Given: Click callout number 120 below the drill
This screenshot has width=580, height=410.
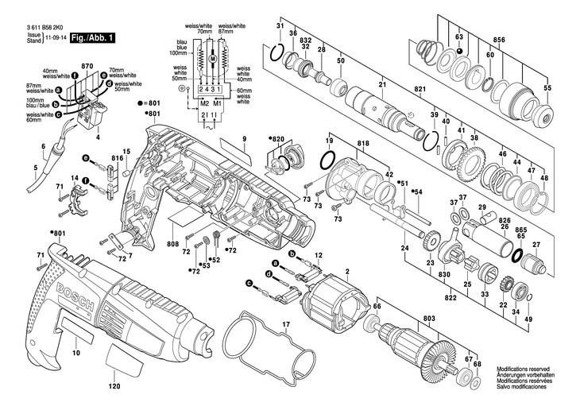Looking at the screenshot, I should [x=114, y=385].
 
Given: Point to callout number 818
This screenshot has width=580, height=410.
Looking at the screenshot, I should [x=363, y=143].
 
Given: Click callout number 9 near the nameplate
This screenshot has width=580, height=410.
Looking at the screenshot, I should [x=246, y=140].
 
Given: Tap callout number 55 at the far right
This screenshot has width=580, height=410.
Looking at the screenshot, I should [x=546, y=87].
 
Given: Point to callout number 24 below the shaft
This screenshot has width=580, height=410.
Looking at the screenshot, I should [x=404, y=249].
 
